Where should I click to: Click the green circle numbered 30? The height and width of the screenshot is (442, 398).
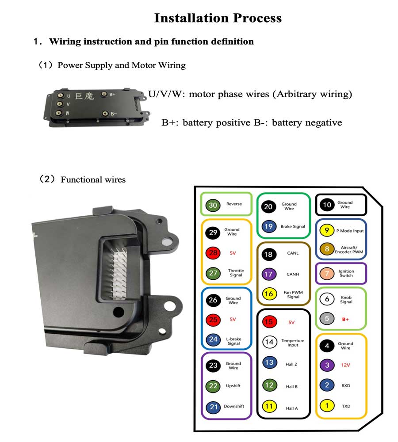(213, 205)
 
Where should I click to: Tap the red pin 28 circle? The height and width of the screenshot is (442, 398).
(213, 253)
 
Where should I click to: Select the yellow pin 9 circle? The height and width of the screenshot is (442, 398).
(326, 230)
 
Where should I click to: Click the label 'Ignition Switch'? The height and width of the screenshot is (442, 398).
(346, 274)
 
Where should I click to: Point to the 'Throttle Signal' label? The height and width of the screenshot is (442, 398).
(236, 273)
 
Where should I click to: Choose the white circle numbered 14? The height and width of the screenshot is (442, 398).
(268, 342)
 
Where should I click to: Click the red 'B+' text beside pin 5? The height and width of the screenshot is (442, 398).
(345, 319)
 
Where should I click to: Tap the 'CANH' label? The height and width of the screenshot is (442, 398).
(292, 274)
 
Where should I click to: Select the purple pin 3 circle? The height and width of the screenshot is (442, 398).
(327, 366)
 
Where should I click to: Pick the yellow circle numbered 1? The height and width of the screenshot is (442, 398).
(327, 405)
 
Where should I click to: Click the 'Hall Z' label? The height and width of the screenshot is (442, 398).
(291, 364)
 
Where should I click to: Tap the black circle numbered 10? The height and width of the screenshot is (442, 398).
(327, 205)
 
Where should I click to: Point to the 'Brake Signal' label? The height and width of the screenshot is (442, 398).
(292, 226)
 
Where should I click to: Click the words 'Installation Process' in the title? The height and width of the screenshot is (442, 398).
(218, 18)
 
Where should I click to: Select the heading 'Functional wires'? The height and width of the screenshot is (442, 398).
(93, 179)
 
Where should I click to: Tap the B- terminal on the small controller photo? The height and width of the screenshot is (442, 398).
(105, 114)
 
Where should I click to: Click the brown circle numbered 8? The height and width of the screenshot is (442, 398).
(326, 249)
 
